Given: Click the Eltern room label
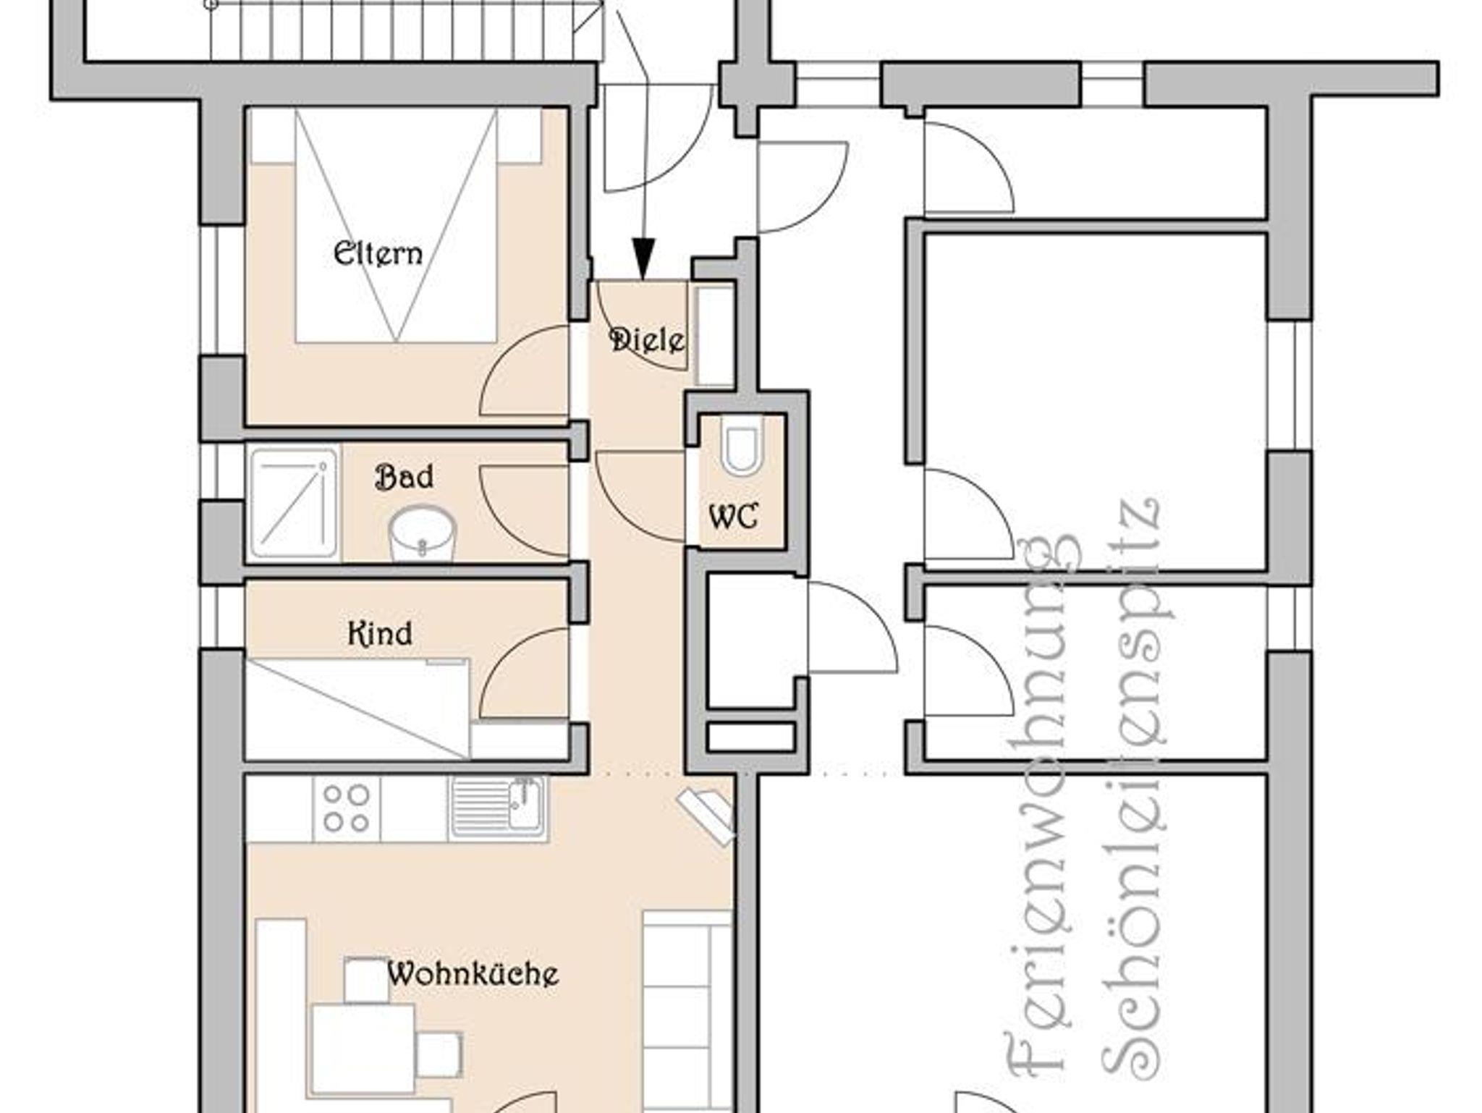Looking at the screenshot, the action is coord(378,253).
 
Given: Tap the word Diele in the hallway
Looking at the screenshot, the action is coord(647,339).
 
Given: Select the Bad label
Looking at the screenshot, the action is coord(405,477).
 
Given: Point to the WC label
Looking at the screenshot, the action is coord(734,517).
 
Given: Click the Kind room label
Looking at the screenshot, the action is coord(380,634).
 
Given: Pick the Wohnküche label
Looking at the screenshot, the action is coord(473,973).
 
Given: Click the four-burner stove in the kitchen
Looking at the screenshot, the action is coord(346,809).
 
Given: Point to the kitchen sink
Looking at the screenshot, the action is coord(498,809).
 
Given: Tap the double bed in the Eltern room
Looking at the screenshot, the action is coord(396,225).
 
